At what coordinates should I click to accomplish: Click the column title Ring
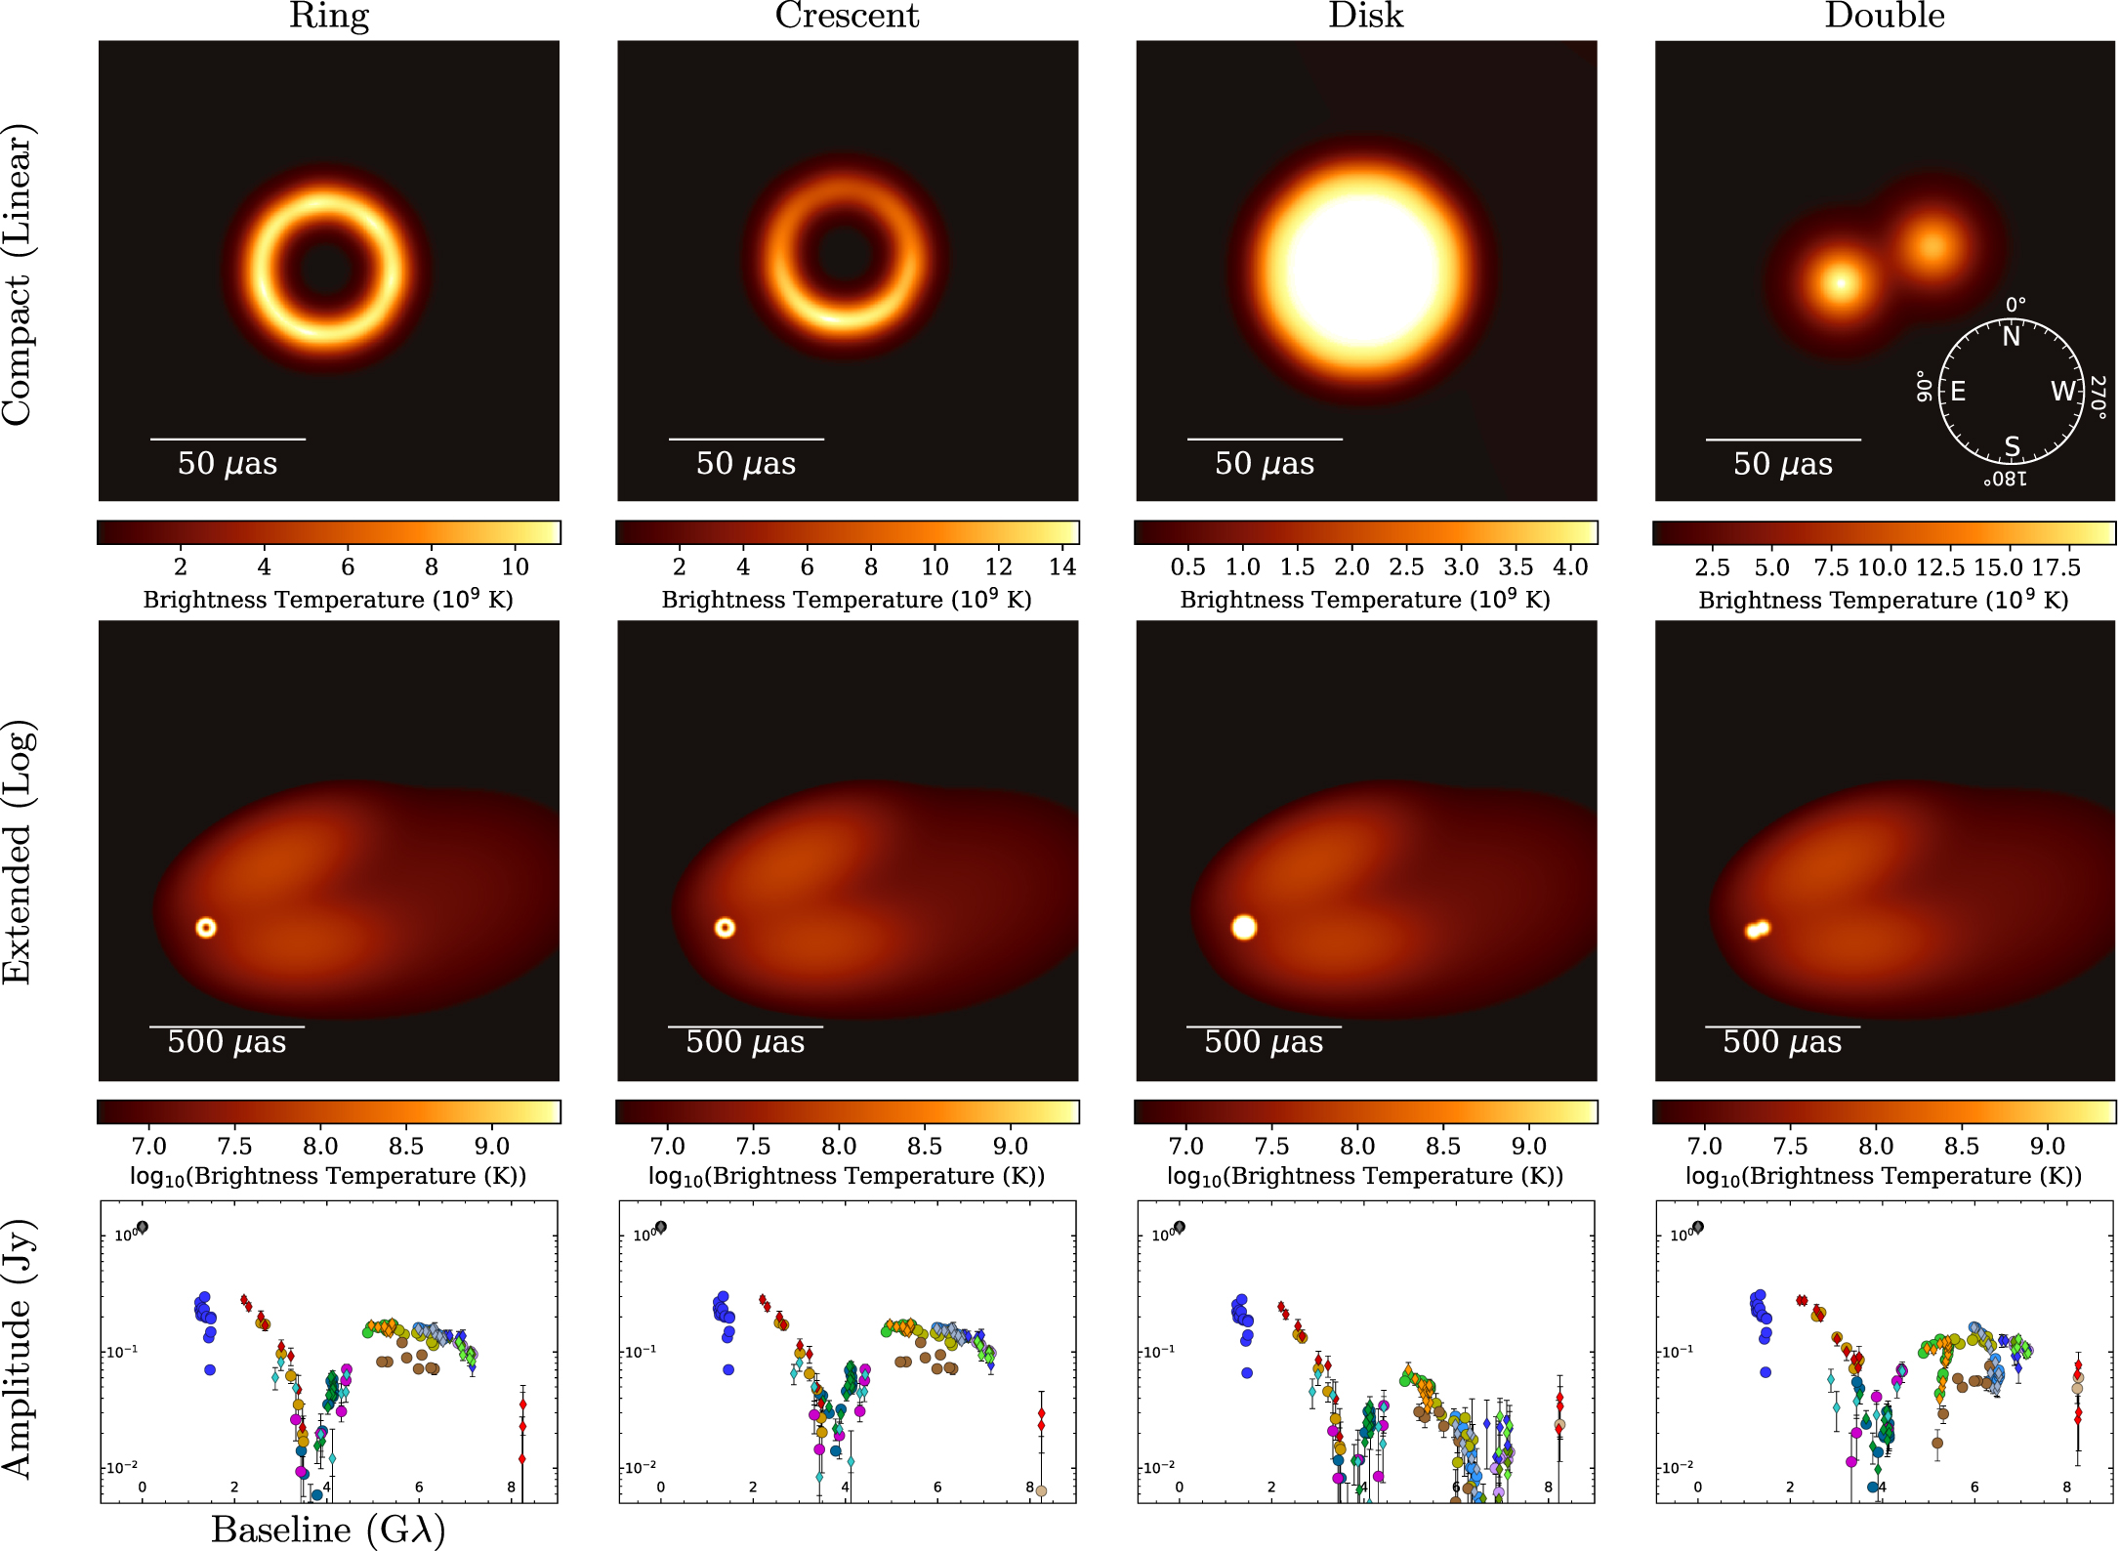click(329, 17)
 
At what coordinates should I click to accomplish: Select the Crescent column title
click(847, 17)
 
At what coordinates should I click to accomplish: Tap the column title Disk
click(1365, 17)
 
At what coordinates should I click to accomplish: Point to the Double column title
click(1885, 17)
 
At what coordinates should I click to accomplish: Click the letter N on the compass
click(2012, 337)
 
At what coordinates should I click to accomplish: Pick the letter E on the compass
click(1958, 392)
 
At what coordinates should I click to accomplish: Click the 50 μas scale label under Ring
click(228, 464)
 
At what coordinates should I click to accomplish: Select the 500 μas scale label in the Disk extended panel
click(1264, 1042)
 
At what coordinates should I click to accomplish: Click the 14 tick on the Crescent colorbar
click(1062, 566)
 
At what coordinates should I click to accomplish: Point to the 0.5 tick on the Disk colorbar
click(1187, 566)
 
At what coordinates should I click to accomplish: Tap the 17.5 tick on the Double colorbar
click(2057, 566)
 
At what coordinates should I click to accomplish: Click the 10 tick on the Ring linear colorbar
click(515, 566)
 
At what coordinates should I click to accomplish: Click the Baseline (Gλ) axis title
click(328, 1530)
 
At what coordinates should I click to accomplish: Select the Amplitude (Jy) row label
click(18, 1349)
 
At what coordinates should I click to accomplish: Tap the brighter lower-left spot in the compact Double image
click(1840, 283)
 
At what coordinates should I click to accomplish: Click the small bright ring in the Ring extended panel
click(206, 928)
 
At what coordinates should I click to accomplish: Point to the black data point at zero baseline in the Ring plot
click(143, 1227)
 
